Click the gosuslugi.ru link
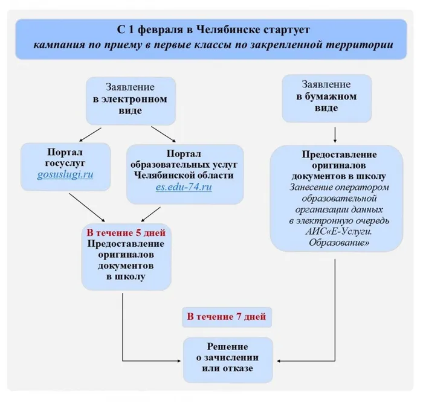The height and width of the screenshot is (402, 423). point(65,175)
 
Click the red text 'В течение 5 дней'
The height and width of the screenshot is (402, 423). point(125,233)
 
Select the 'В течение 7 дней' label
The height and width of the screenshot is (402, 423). point(226,316)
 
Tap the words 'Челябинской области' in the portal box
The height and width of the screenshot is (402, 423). point(185,175)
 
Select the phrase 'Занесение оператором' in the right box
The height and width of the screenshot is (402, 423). point(337,187)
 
